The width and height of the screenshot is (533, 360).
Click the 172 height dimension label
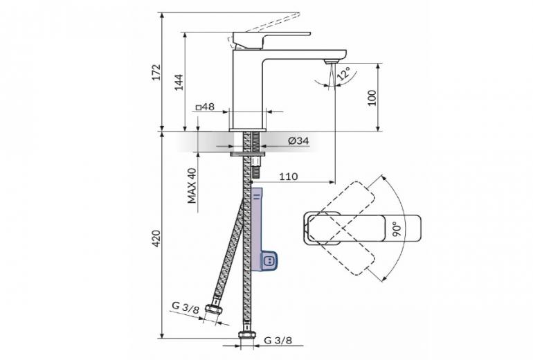(x=156, y=72)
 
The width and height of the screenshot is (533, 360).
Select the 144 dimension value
(x=179, y=82)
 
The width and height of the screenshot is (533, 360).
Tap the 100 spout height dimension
(x=372, y=98)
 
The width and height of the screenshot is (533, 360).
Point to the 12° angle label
(x=343, y=74)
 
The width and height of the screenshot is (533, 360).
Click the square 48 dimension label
(x=205, y=107)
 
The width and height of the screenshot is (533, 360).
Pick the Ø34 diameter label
(x=298, y=141)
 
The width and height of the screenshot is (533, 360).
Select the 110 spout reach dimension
(x=288, y=177)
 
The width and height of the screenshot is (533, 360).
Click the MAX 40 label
(x=192, y=186)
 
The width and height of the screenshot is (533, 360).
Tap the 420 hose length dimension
(x=156, y=239)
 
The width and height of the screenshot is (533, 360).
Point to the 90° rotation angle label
(x=397, y=229)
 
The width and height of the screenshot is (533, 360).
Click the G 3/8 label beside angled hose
(x=186, y=307)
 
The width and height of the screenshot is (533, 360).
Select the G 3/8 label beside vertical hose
(x=278, y=341)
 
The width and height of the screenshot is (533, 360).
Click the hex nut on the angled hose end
(x=214, y=309)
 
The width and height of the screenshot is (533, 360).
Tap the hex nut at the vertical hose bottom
(x=247, y=335)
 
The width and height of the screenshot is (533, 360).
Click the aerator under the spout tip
(x=332, y=62)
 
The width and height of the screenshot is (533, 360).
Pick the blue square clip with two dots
(x=269, y=261)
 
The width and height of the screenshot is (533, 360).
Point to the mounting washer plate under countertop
(x=248, y=154)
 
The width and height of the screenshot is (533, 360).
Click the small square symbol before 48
(x=199, y=108)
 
